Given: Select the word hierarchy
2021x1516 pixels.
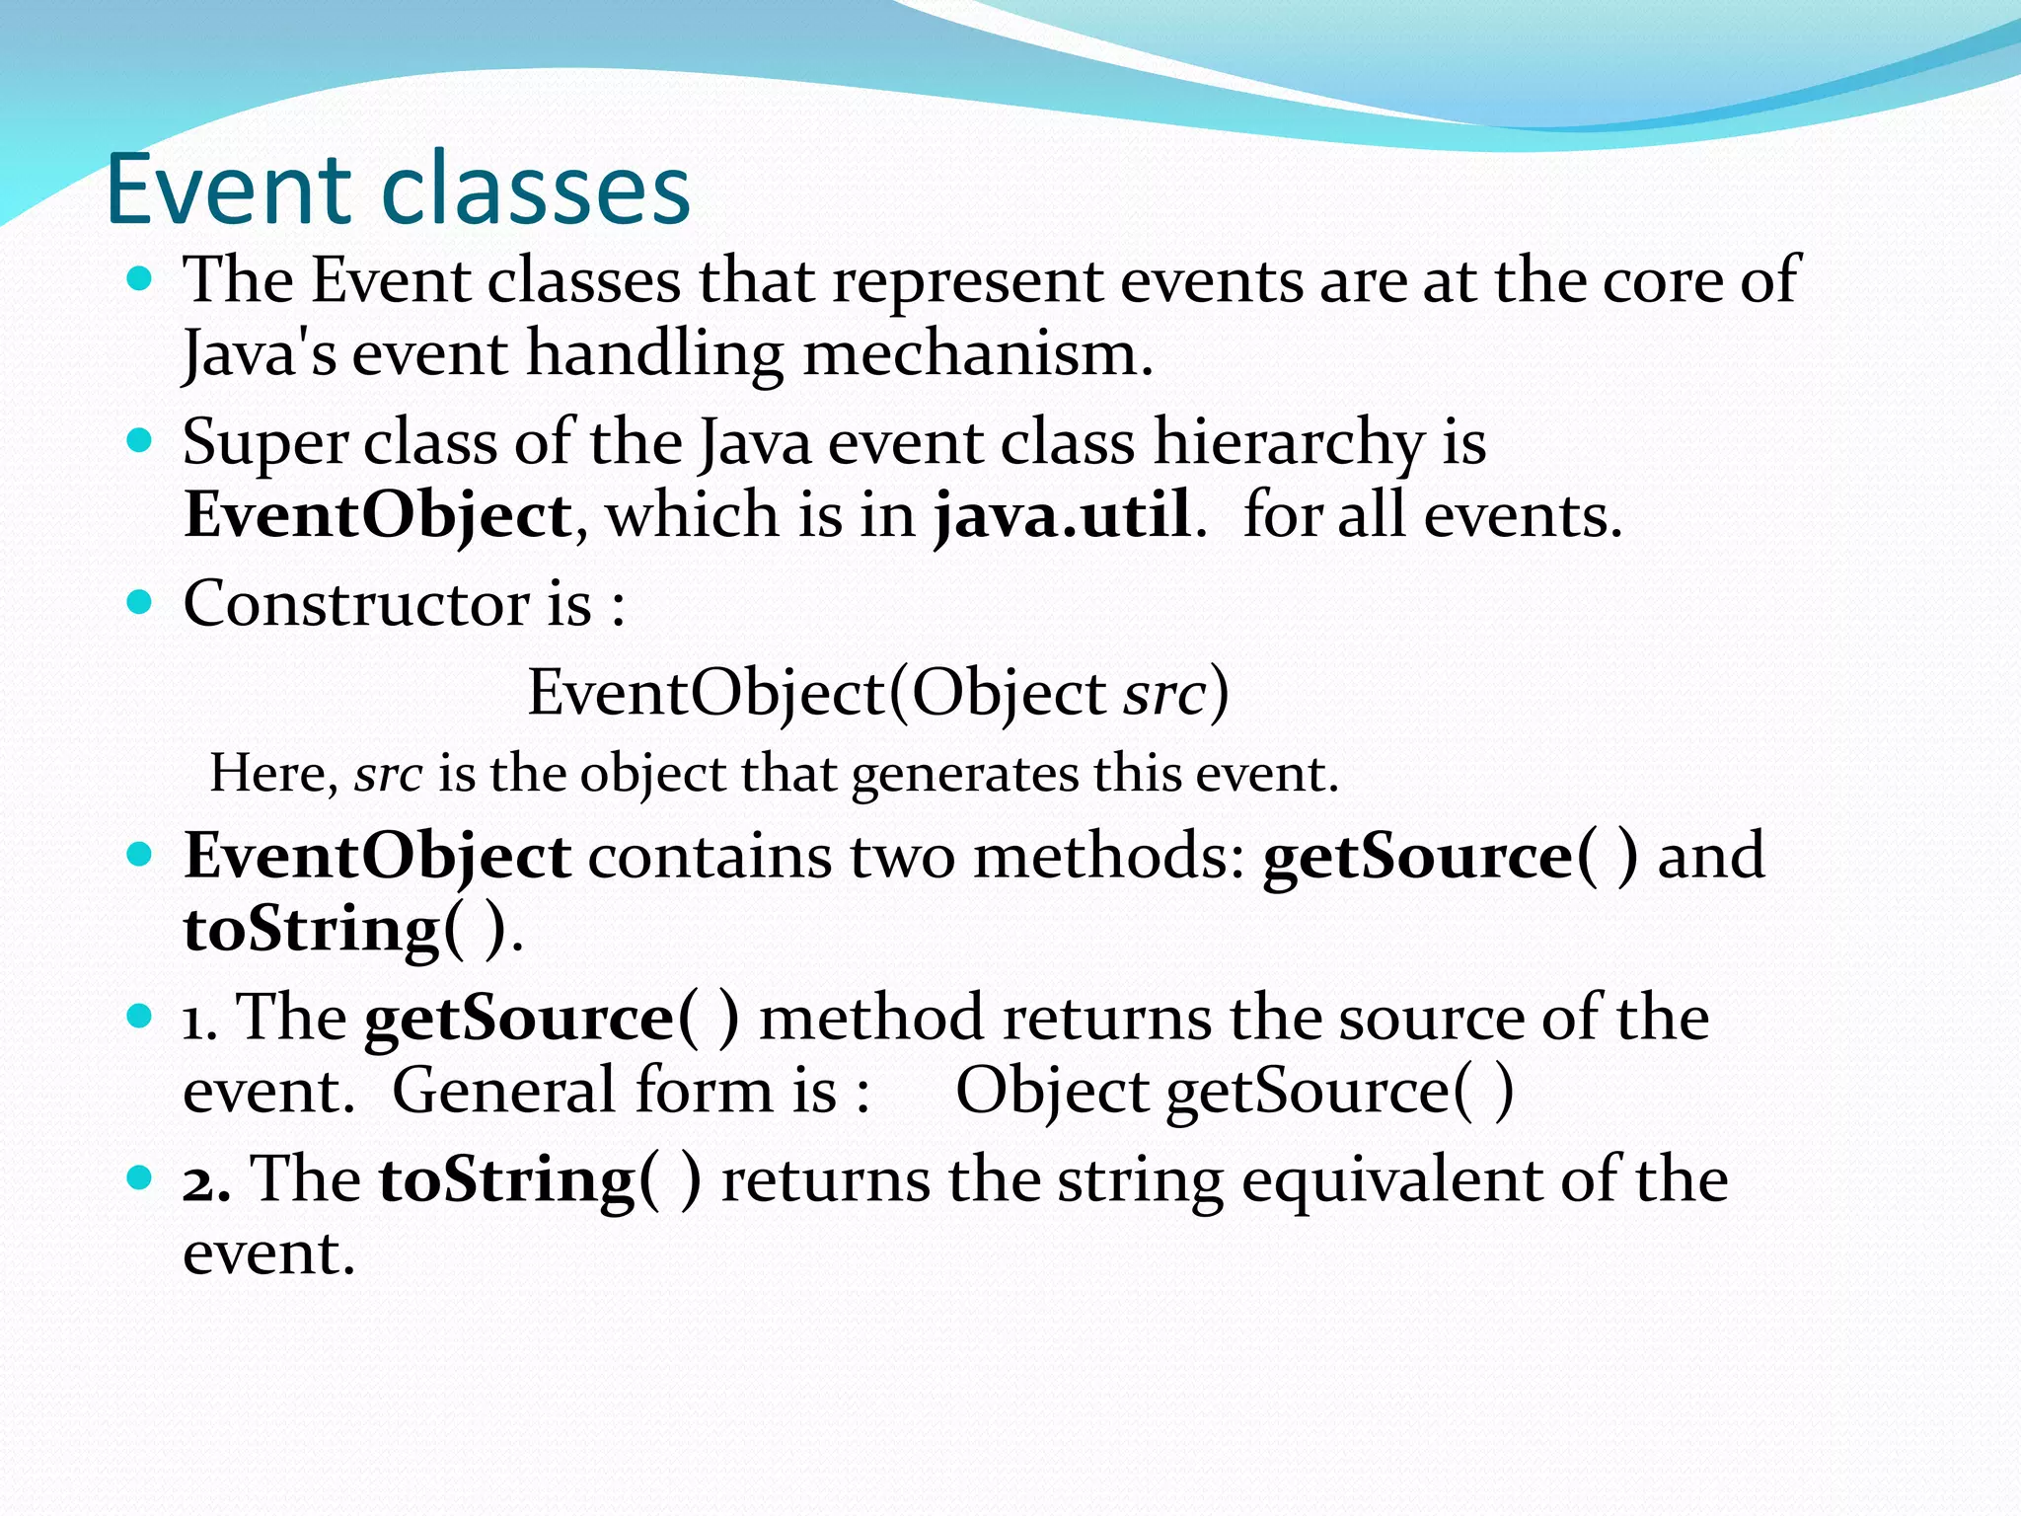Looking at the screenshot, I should pos(1289,442).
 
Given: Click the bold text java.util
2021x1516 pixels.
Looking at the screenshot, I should pos(1062,515).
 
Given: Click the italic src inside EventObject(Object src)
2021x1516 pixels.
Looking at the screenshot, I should pos(1164,693).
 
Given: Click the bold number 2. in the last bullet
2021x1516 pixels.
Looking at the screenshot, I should pos(206,1179).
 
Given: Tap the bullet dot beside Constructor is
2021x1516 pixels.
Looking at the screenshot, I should pos(140,601).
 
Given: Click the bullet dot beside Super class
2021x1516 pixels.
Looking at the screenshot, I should pos(140,439).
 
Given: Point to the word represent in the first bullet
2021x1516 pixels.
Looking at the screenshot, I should pos(966,281).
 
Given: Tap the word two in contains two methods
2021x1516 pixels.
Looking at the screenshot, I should pos(902,856).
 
